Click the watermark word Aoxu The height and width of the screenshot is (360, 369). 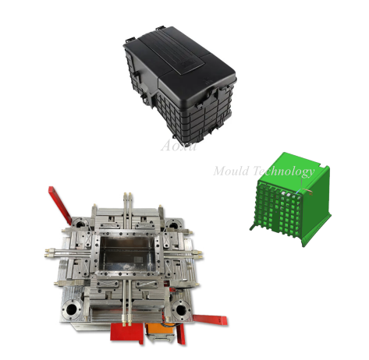click(178, 145)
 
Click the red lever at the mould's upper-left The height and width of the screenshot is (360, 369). click(59, 200)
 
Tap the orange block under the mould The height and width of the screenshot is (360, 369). click(161, 328)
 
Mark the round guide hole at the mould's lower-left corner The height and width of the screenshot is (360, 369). click(73, 309)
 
